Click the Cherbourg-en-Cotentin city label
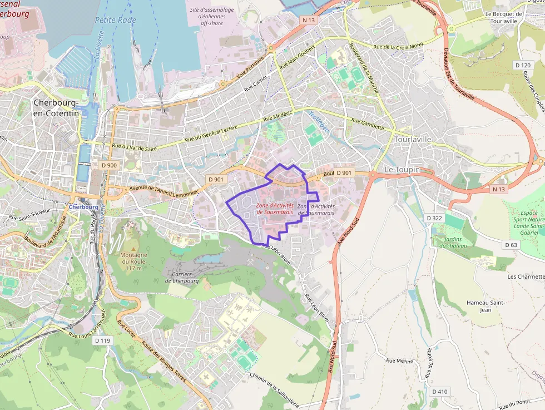56,108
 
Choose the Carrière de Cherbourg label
182,277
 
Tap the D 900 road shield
110,165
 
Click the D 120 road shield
523,66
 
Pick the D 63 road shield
511,245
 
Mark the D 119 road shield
103,340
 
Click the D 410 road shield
439,392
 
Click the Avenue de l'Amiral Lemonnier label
163,190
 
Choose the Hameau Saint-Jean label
485,306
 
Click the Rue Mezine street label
400,361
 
